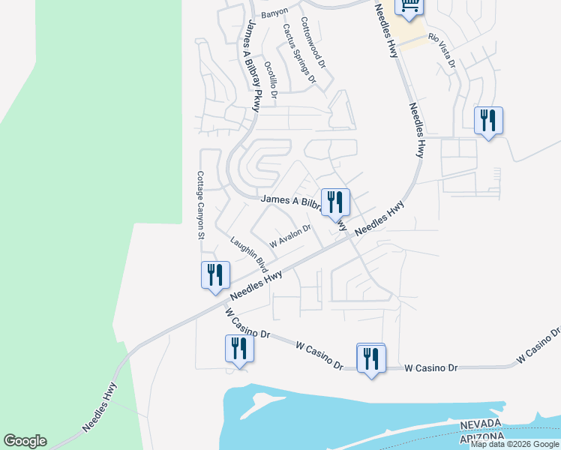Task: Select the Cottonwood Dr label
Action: point(313,43)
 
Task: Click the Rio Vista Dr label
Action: point(441,50)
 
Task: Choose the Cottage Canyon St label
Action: point(200,205)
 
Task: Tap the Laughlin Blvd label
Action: point(249,254)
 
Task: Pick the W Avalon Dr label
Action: point(290,237)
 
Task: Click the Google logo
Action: point(25,441)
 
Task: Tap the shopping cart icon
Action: point(409,6)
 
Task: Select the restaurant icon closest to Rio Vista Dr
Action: point(488,120)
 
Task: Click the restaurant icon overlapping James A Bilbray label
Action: point(334,202)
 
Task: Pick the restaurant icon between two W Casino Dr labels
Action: point(370,358)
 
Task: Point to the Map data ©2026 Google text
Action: point(514,444)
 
